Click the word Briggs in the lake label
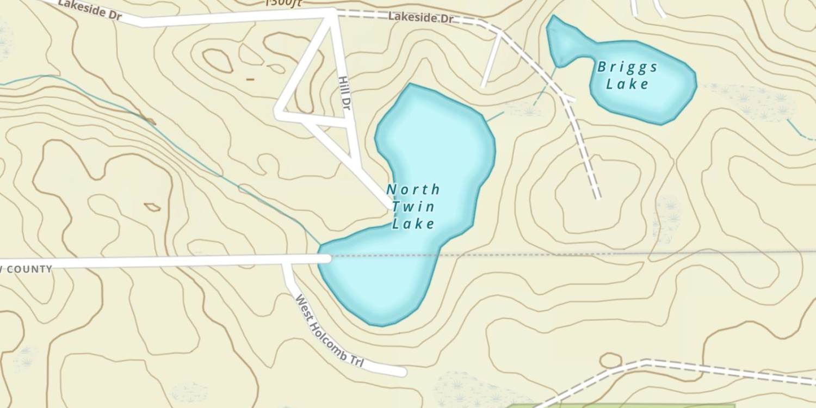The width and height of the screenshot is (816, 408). pos(627,67)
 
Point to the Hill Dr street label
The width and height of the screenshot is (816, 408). pos(344,94)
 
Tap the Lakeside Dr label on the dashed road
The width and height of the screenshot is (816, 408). pos(421,17)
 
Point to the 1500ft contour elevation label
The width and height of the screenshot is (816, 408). pos(283,3)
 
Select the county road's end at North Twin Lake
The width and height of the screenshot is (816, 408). pos(325,258)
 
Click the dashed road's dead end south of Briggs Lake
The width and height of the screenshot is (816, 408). pos(597,197)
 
